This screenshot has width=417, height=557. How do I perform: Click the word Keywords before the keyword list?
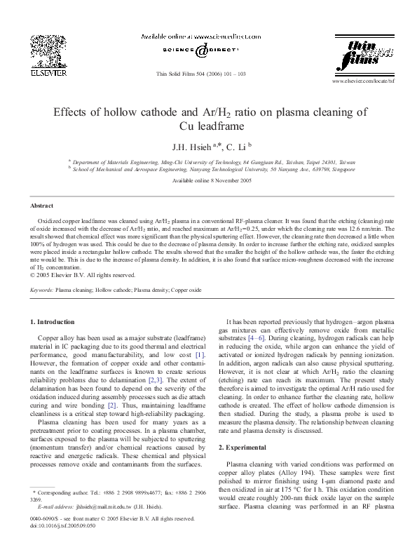pos(41,289)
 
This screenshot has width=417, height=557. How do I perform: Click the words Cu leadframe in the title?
pos(207,127)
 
